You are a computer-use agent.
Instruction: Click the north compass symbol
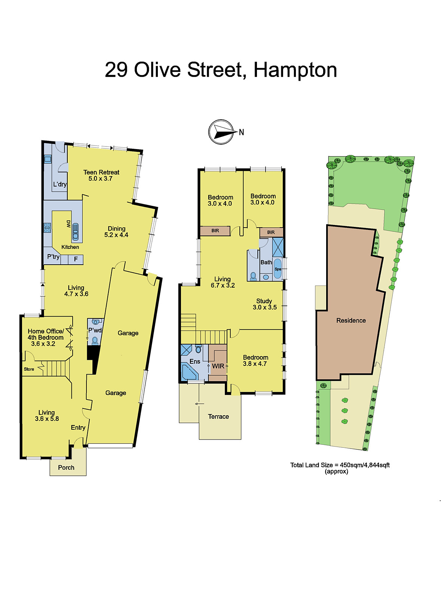[x=221, y=132]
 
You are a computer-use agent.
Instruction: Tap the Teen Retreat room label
[x=101, y=175]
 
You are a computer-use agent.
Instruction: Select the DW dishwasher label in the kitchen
[x=68, y=224]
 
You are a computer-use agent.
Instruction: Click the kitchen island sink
[x=76, y=231]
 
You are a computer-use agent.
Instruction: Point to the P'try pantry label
[x=53, y=257]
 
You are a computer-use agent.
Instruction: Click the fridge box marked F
[x=76, y=259]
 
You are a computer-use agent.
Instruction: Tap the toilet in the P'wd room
[x=95, y=340]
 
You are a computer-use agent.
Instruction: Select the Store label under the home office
[x=29, y=369]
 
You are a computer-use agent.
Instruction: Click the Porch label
[x=66, y=468]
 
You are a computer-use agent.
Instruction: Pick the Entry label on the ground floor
[x=78, y=428]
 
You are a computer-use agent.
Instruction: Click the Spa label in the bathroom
[x=278, y=269]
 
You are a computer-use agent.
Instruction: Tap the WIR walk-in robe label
[x=218, y=366]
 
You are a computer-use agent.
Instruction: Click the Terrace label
[x=218, y=417]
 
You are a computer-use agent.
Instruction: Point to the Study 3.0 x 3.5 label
[x=264, y=304]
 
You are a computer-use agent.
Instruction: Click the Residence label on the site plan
[x=351, y=321]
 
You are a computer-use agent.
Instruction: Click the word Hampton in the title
[x=295, y=70]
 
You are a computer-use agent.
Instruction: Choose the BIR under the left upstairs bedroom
[x=215, y=231]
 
